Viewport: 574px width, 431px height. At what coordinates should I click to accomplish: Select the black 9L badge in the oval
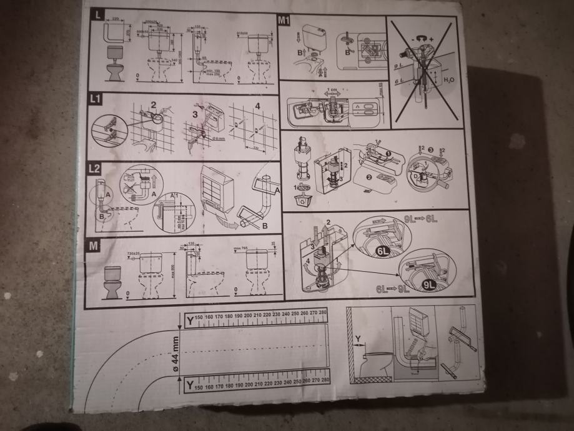(429, 283)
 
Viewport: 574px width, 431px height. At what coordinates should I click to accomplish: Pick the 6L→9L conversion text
(392, 289)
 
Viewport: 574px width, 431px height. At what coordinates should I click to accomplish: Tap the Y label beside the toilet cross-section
(359, 340)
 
